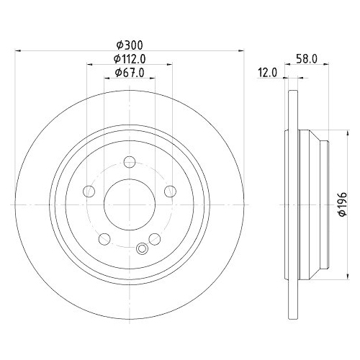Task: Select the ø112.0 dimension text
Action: pyautogui.click(x=130, y=59)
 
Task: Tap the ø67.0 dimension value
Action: pyautogui.click(x=130, y=73)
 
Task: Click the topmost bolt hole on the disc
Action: pyautogui.click(x=130, y=162)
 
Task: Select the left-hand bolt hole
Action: pyautogui.click(x=89, y=192)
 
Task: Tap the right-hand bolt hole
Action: pyautogui.click(x=171, y=191)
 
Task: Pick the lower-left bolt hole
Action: pyautogui.click(x=105, y=239)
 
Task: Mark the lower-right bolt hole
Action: pyautogui.click(x=155, y=239)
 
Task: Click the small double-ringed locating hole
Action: pyautogui.click(x=142, y=249)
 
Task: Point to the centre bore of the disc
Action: pyautogui.click(x=130, y=204)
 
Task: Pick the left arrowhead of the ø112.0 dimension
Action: pyautogui.click(x=90, y=66)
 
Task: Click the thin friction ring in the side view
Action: pyautogui.click(x=292, y=204)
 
